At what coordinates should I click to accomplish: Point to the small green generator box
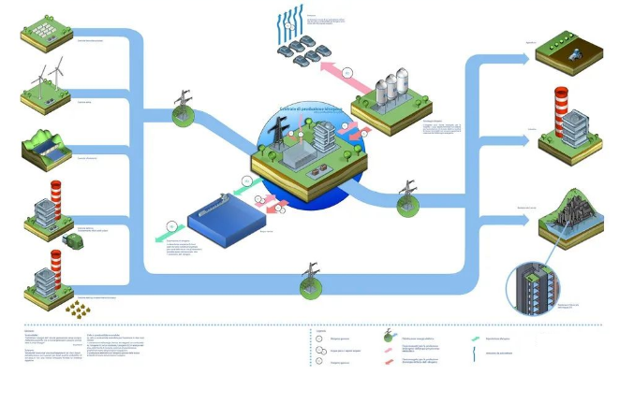point(72,240)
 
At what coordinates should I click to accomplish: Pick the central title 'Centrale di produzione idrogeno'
point(304,110)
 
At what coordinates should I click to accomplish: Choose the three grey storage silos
point(392,90)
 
